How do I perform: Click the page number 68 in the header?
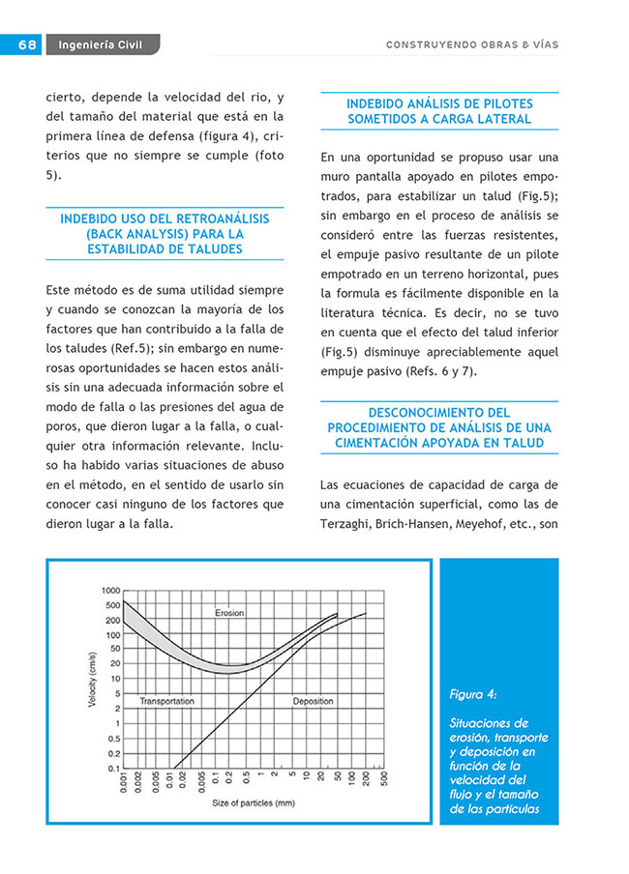pos(26,44)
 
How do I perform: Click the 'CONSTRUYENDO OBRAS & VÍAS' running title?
pos(471,44)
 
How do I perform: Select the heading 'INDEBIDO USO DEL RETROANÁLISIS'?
pos(165,219)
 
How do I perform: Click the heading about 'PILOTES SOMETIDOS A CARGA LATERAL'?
pos(438,111)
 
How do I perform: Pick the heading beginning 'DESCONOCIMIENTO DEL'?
pos(438,413)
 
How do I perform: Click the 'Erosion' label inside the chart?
pos(229,613)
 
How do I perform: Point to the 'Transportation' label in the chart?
pos(167,701)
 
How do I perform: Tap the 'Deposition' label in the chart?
pos(313,701)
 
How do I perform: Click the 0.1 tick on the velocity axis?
pos(113,769)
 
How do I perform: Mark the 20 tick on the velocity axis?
pos(114,663)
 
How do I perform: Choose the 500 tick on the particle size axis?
pos(384,781)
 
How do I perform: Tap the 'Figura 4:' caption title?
pos(473,694)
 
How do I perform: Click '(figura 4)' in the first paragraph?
pos(200,137)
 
